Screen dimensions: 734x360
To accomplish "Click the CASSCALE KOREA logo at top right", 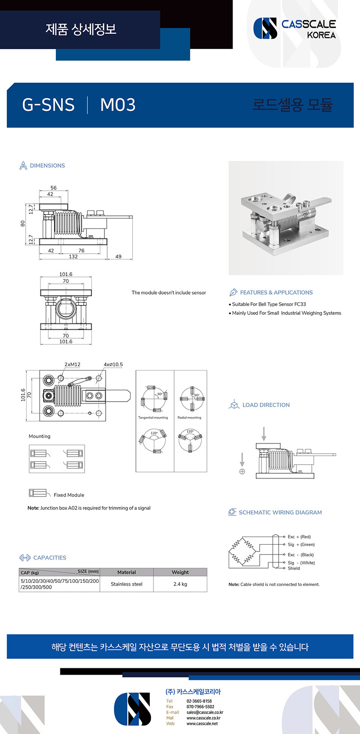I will pos(295,28).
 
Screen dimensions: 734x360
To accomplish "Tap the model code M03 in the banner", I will pos(117,105).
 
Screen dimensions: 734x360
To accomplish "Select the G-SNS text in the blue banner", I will pos(49,105).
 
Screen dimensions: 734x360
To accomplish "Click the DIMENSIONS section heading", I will pos(47,166).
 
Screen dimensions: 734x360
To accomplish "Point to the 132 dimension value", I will pos(73,257).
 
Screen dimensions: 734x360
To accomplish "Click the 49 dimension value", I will pos(118,257).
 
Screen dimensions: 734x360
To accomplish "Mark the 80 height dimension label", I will pos(22,223).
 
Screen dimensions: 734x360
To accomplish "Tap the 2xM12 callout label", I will pos(72,365).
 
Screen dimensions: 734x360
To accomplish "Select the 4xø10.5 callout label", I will pos(113,365).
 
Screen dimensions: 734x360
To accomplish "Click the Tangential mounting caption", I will pos(153,418).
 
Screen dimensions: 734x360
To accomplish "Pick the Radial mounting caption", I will pos(189,418).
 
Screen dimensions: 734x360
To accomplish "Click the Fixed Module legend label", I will pos(69,495).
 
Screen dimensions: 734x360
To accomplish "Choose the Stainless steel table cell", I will pos(126,584).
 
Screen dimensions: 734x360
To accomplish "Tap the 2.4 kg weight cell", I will pos(180,584).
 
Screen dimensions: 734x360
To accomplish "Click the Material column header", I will pos(126,573).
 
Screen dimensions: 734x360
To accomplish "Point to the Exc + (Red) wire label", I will pos(299,537).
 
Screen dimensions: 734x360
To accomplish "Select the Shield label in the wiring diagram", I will pos(294,568).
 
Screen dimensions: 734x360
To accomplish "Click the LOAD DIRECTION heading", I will pos(266,405).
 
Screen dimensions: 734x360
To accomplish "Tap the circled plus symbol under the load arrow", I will pos(242,471).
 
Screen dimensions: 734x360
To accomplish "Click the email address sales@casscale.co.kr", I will pos(205,712).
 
